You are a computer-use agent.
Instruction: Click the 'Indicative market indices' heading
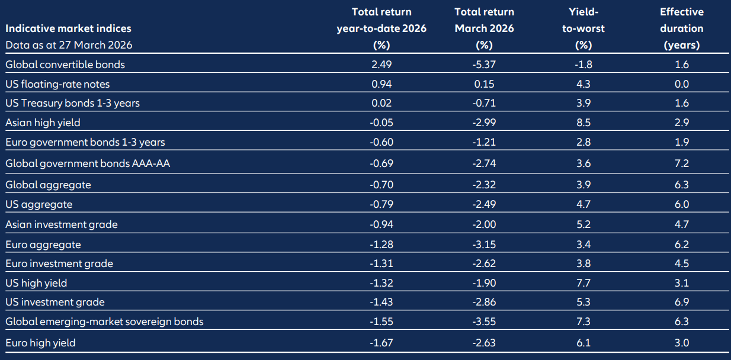point(68,28)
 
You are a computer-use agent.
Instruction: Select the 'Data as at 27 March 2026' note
point(69,44)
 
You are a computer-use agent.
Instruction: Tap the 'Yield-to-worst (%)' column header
point(583,28)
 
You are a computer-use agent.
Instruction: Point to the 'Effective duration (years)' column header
point(681,28)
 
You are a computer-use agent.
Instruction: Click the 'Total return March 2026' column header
point(484,28)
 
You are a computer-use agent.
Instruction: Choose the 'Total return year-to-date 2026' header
point(381,28)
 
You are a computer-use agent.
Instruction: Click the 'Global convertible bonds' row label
point(65,65)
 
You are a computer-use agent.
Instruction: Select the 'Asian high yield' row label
point(43,123)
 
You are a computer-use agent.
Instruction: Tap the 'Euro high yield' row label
point(40,342)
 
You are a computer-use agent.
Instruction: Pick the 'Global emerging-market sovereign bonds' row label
point(104,322)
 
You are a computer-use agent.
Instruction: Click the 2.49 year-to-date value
point(381,65)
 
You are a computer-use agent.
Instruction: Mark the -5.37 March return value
point(484,65)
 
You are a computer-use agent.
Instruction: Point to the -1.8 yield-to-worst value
point(583,65)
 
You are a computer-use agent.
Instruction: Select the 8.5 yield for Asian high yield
point(583,123)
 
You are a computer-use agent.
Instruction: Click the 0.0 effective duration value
point(682,84)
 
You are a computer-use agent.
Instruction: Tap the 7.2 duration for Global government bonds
point(682,163)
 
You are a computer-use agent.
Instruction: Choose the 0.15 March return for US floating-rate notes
point(485,84)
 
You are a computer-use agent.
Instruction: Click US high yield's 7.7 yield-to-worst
point(583,283)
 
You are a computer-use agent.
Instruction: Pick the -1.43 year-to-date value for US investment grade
point(381,302)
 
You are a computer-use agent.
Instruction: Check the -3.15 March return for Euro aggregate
point(484,244)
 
